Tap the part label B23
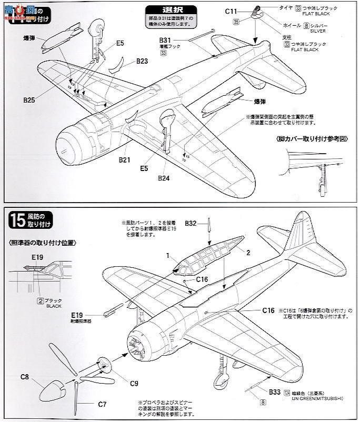click(x=142, y=62)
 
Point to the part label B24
click(x=165, y=177)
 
